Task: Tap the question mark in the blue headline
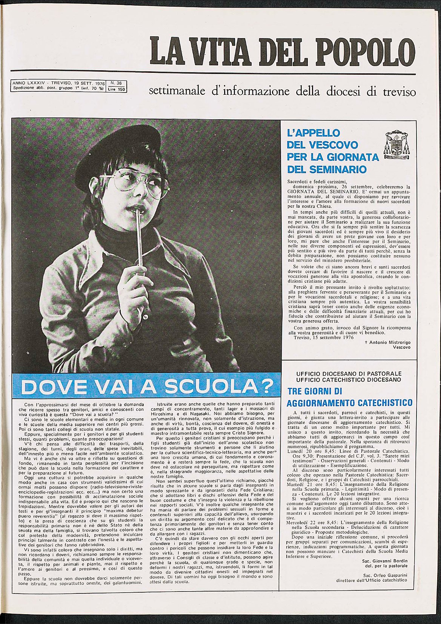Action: coord(267,386)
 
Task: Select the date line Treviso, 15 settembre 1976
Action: coord(323,338)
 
